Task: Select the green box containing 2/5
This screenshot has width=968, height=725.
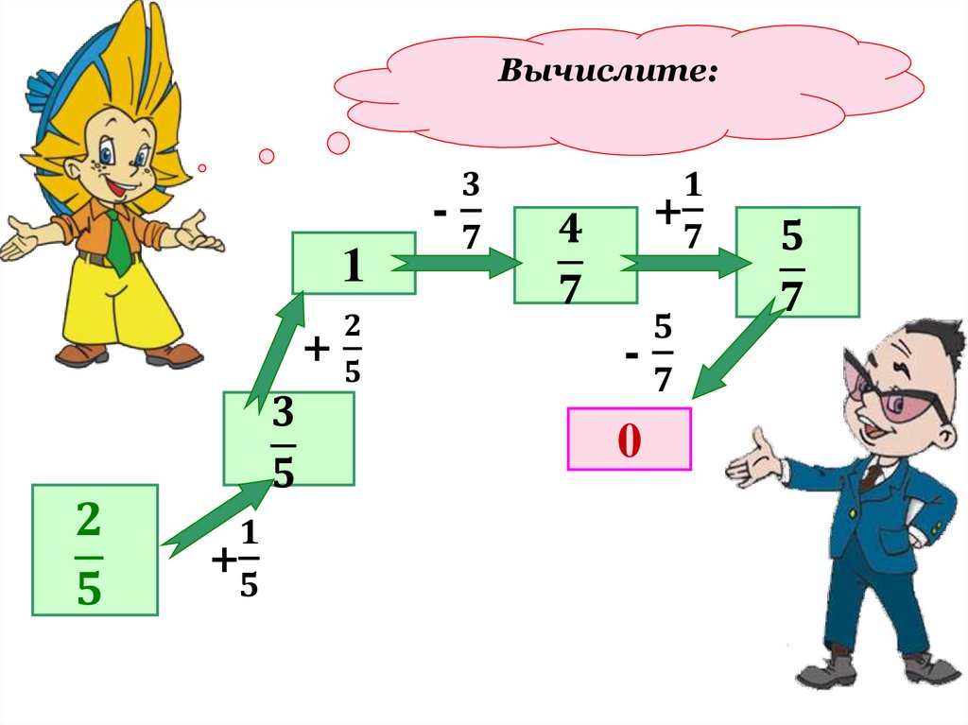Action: point(95,550)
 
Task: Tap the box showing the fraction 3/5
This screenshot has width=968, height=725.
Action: point(288,439)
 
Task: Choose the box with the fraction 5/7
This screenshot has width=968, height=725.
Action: point(797,261)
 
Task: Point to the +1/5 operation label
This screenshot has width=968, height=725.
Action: point(237,561)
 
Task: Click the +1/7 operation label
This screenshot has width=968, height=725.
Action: point(681,213)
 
